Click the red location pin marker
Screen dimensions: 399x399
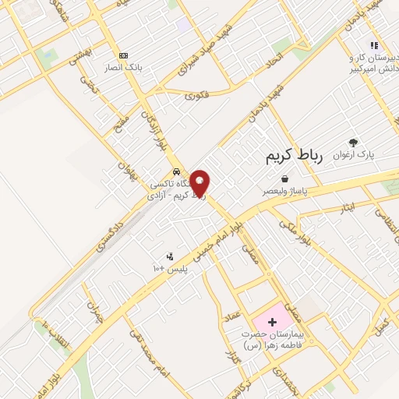[200, 182]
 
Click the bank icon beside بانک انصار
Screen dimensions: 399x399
[123, 56]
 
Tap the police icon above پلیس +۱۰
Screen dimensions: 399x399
[169, 256]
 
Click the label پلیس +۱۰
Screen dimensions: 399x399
[169, 269]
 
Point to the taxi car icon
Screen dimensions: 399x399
[178, 171]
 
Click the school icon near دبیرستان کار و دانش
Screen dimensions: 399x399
[373, 45]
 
